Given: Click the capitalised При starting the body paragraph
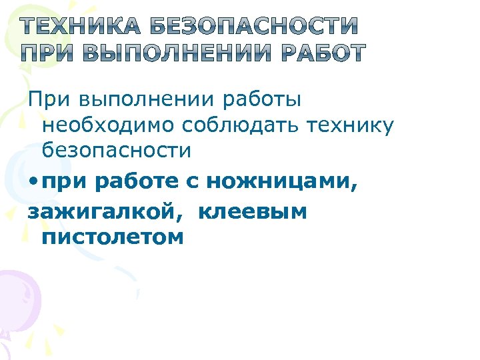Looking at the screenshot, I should point(49,99).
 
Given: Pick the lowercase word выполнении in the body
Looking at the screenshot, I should point(145,99).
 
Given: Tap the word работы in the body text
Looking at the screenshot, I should point(262,99).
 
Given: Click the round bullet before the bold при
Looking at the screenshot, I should point(33,181).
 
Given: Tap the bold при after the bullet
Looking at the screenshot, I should point(63,181).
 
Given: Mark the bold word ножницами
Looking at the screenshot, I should point(281,181).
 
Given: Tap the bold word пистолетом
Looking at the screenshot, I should point(112,237).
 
